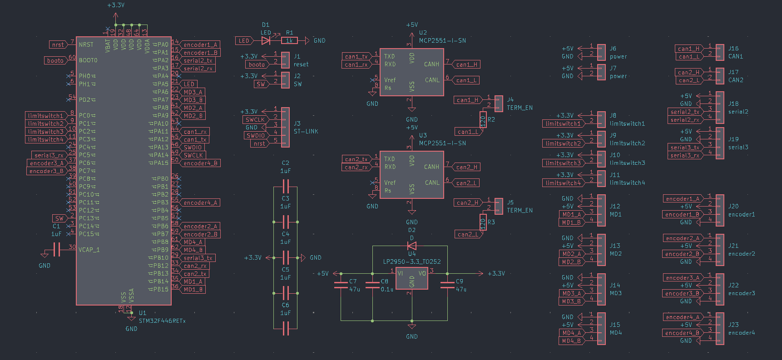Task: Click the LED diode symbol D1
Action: click(266, 40)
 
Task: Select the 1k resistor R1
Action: click(289, 40)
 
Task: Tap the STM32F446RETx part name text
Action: click(162, 321)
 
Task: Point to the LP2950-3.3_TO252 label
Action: click(411, 261)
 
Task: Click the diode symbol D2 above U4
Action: click(412, 246)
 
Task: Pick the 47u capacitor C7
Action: click(341, 285)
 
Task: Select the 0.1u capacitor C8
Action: click(372, 285)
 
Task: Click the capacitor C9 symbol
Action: click(447, 285)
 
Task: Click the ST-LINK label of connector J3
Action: click(306, 132)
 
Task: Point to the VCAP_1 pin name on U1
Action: click(89, 250)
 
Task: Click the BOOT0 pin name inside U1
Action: click(88, 60)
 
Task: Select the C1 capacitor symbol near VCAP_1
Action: click(57, 249)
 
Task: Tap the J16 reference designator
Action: click(733, 49)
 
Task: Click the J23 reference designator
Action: click(733, 325)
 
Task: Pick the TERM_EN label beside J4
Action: click(520, 108)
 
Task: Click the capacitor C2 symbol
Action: click(286, 186)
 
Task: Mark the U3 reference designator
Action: click(423, 135)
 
